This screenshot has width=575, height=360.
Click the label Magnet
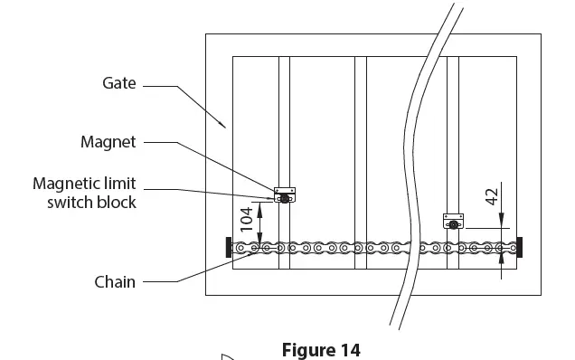click(108, 142)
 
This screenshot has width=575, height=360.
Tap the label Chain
click(115, 282)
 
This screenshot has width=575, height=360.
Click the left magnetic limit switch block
click(285, 195)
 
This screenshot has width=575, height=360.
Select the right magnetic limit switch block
click(452, 221)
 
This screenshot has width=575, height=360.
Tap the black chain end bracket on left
click(228, 246)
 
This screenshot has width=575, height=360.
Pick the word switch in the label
click(69, 203)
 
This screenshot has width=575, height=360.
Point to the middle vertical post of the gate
click(361, 163)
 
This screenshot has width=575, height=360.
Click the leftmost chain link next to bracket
click(241, 246)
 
